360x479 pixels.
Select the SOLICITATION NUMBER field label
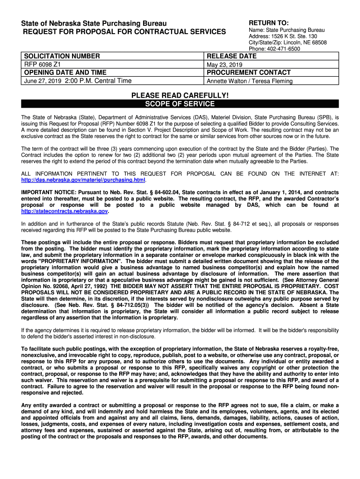tap(62, 56)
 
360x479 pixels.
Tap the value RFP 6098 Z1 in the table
tap(43, 65)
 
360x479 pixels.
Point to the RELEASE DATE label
tap(231, 56)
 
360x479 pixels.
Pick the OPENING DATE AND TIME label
tap(65, 73)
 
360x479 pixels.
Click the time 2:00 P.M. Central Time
tap(99, 81)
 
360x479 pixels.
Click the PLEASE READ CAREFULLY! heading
tap(180, 95)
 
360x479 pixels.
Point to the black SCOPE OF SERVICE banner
tap(180, 104)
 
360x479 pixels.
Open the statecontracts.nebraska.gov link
tap(65, 211)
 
